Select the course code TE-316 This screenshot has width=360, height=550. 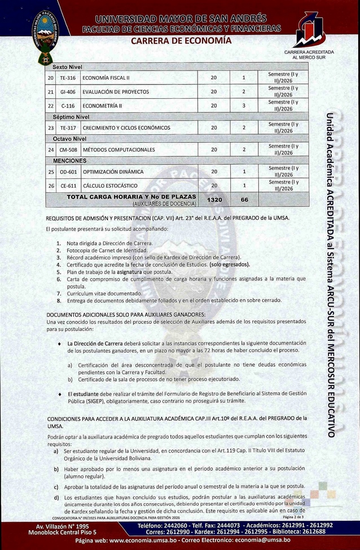point(68,77)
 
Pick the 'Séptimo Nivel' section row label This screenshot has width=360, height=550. point(71,117)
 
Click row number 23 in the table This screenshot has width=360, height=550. point(51,127)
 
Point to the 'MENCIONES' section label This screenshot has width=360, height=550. point(70,161)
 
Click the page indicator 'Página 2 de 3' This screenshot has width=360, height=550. point(292,517)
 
